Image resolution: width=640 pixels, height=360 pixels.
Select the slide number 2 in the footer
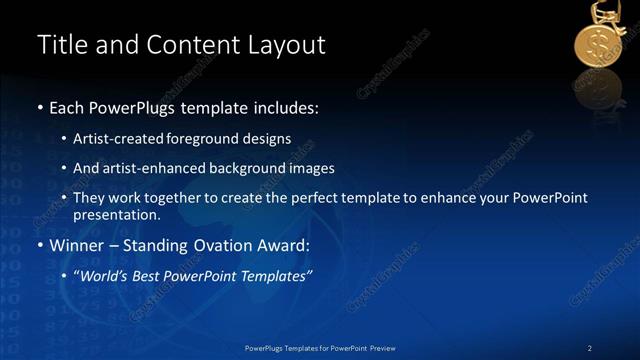tap(590, 347)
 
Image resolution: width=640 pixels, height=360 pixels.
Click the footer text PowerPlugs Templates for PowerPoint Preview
tap(320, 347)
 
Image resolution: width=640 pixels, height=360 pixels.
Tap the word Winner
tap(76, 245)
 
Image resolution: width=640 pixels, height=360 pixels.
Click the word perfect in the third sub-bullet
tap(311, 198)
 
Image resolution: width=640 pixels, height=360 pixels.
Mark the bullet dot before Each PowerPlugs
tap(40, 107)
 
